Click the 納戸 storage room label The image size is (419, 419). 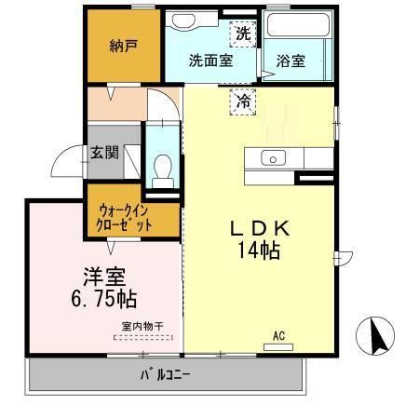coord(123,46)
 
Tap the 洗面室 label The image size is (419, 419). coord(209,61)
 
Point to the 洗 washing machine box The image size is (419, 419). coord(242,33)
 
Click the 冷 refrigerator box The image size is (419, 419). coord(242,100)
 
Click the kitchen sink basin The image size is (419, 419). coord(273,157)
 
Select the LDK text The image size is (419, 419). coord(263,228)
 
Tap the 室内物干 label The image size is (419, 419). coord(142,326)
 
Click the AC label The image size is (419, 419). coord(277,334)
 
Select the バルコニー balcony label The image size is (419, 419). coord(165,376)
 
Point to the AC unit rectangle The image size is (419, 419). coord(277,346)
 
